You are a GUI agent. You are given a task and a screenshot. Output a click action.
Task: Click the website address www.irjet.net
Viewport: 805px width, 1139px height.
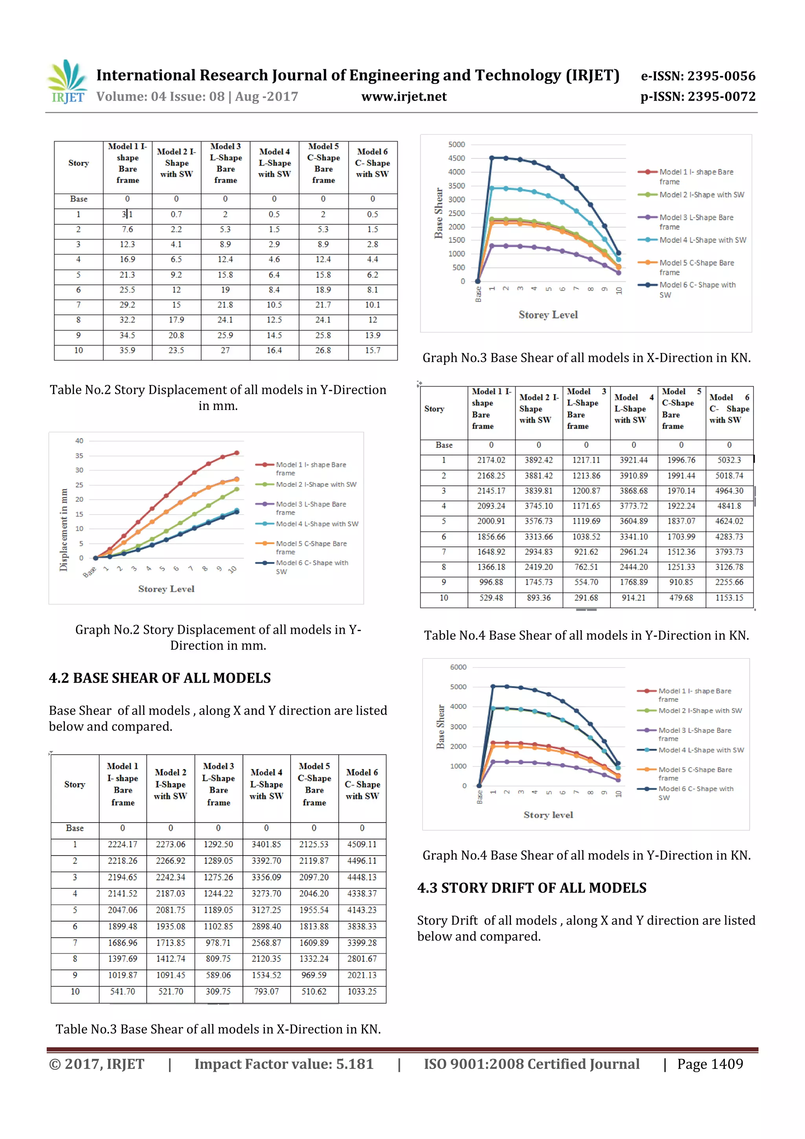[x=404, y=96]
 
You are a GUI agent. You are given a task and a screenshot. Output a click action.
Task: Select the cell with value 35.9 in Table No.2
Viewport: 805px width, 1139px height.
[x=127, y=350]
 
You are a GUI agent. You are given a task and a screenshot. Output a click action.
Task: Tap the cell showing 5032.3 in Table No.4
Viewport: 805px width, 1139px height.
[x=729, y=460]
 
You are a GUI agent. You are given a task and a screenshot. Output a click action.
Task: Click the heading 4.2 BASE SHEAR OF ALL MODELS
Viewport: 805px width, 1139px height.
[x=160, y=678]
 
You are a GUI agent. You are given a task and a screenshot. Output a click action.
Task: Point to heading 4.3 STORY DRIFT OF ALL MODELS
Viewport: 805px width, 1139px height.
[x=532, y=887]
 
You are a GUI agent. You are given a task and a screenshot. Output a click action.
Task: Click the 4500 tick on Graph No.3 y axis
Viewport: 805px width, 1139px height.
[x=456, y=158]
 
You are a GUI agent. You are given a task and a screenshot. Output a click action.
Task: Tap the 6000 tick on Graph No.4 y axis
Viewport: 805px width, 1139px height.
[x=458, y=667]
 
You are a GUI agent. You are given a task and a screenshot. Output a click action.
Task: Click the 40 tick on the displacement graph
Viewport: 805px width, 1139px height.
[x=79, y=440]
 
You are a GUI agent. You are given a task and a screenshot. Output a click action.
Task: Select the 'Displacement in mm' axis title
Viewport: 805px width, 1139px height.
[x=64, y=530]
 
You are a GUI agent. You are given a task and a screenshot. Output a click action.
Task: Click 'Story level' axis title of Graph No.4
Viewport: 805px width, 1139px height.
[x=548, y=815]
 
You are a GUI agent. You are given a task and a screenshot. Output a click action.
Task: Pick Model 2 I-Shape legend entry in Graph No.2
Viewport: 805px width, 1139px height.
[x=316, y=484]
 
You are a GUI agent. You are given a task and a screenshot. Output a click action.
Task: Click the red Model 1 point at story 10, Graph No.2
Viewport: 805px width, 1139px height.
[x=237, y=453]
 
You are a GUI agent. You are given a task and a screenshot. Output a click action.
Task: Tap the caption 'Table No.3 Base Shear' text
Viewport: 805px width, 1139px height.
[x=218, y=1029]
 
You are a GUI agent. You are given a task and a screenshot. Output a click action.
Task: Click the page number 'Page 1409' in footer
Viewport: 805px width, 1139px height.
[x=710, y=1064]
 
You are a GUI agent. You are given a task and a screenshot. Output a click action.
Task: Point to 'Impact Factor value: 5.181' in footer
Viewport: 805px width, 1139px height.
[x=283, y=1064]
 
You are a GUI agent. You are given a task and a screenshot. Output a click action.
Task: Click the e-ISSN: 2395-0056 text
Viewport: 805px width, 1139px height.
[x=698, y=76]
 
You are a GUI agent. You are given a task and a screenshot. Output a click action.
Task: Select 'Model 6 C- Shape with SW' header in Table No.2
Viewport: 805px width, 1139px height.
[x=373, y=163]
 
